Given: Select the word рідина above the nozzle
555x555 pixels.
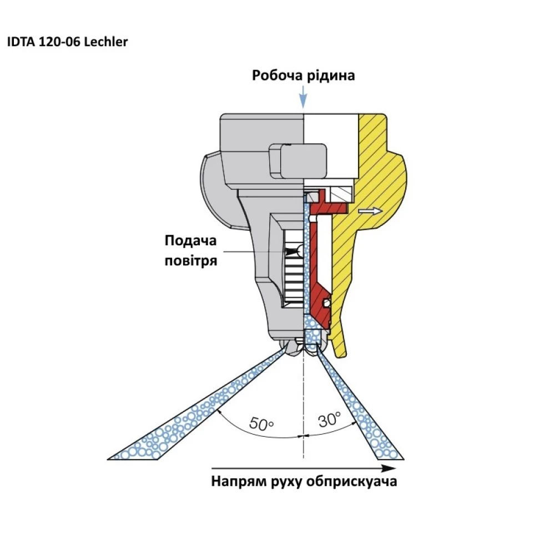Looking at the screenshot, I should [329, 75].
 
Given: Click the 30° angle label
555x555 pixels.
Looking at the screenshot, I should [329, 420].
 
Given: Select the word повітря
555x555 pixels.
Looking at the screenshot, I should [190, 260].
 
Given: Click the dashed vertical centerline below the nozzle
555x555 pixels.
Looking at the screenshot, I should [303, 400].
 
